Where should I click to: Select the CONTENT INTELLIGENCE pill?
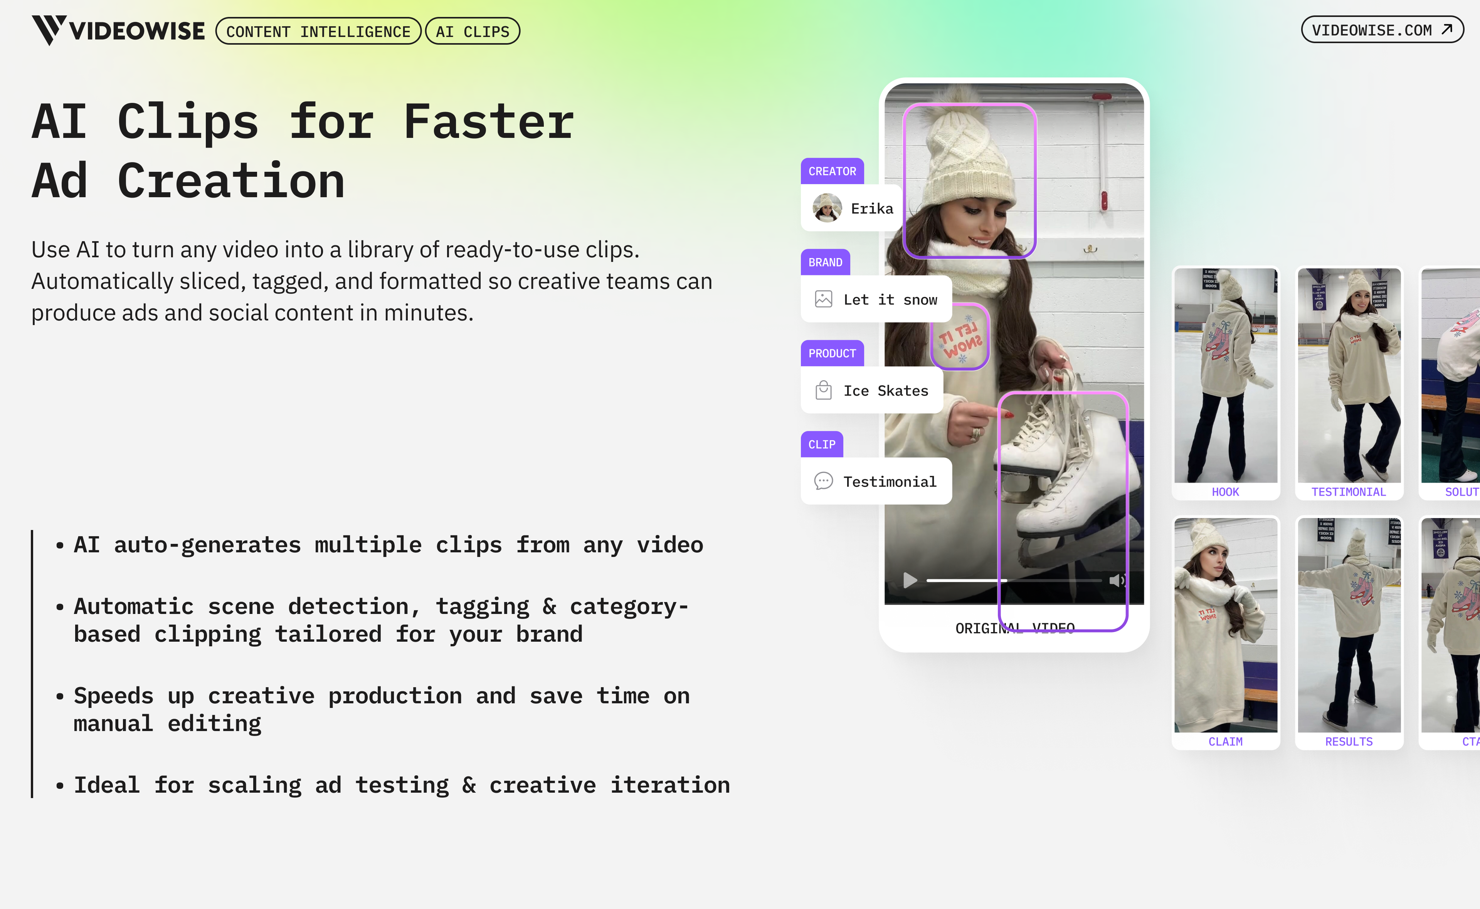click(318, 31)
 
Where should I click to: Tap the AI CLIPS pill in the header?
click(473, 31)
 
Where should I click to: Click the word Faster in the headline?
click(488, 122)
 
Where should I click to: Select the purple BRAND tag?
click(825, 262)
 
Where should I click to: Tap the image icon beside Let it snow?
click(823, 299)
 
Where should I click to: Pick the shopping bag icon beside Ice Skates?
click(823, 390)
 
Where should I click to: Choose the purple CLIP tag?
click(821, 444)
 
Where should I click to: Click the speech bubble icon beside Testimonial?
click(823, 481)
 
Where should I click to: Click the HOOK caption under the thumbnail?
click(1225, 492)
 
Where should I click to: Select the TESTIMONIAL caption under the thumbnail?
click(1348, 492)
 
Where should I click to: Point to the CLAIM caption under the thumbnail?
click(1225, 741)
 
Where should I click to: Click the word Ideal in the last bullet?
click(106, 785)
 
